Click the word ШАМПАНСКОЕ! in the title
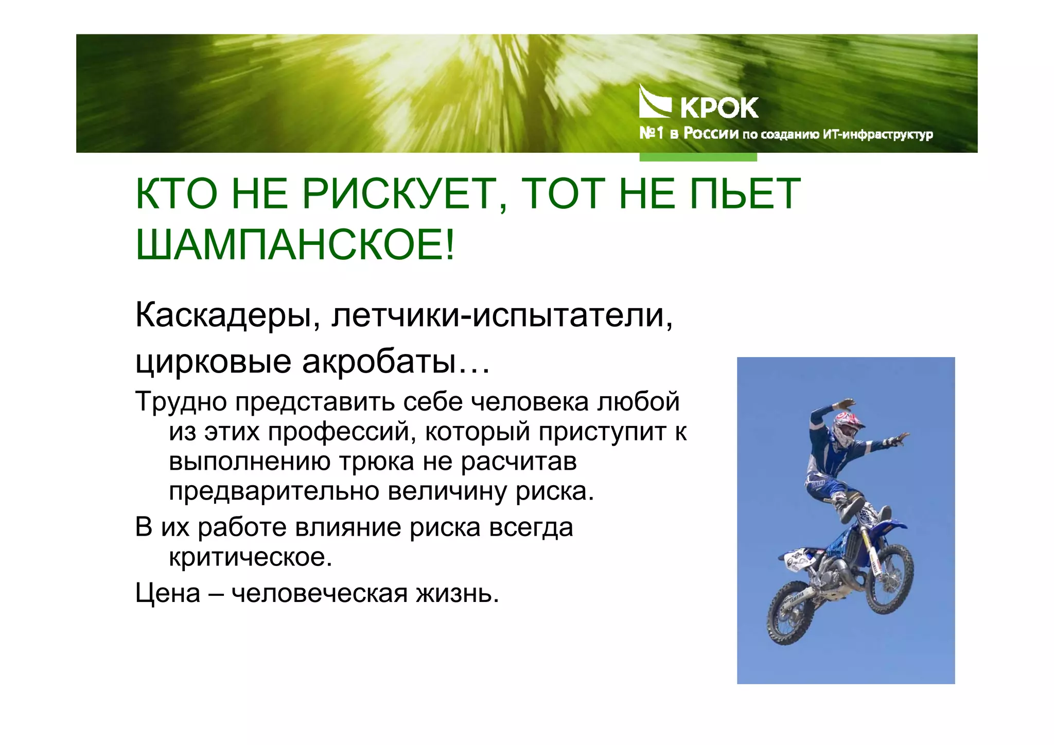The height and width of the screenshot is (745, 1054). point(295,245)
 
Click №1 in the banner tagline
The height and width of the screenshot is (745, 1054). point(651,134)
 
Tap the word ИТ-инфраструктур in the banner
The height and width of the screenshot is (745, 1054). point(877,135)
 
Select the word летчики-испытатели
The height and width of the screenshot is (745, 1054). point(502,315)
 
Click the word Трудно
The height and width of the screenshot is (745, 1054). point(181,402)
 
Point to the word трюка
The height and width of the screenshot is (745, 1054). point(376,461)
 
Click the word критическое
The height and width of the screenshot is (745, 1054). point(251,557)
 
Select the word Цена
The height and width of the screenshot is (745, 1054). point(168,593)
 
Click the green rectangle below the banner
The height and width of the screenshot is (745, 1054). point(698,157)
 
